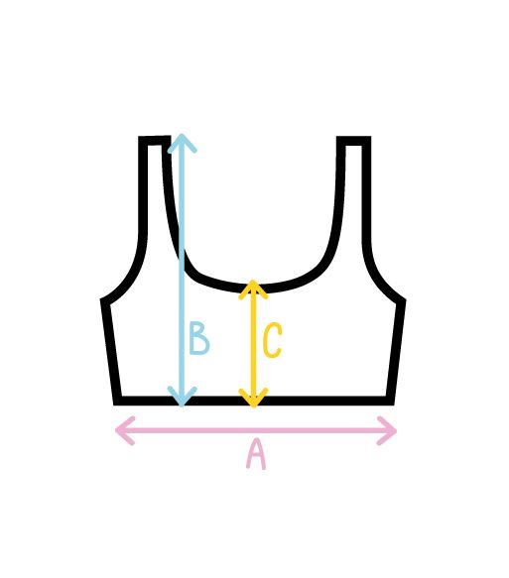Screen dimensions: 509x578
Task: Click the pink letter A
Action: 256,455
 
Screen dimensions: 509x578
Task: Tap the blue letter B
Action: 198,338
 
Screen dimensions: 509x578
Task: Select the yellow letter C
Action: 273,340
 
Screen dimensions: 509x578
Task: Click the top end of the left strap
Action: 154,141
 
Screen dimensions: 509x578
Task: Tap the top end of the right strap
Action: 353,141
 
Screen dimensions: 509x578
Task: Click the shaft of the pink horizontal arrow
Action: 256,430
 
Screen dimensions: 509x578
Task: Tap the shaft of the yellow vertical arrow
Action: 253,344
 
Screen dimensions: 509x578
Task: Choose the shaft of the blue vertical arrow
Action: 182,270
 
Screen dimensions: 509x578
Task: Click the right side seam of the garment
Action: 396,352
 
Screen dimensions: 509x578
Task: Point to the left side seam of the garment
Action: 110,352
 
